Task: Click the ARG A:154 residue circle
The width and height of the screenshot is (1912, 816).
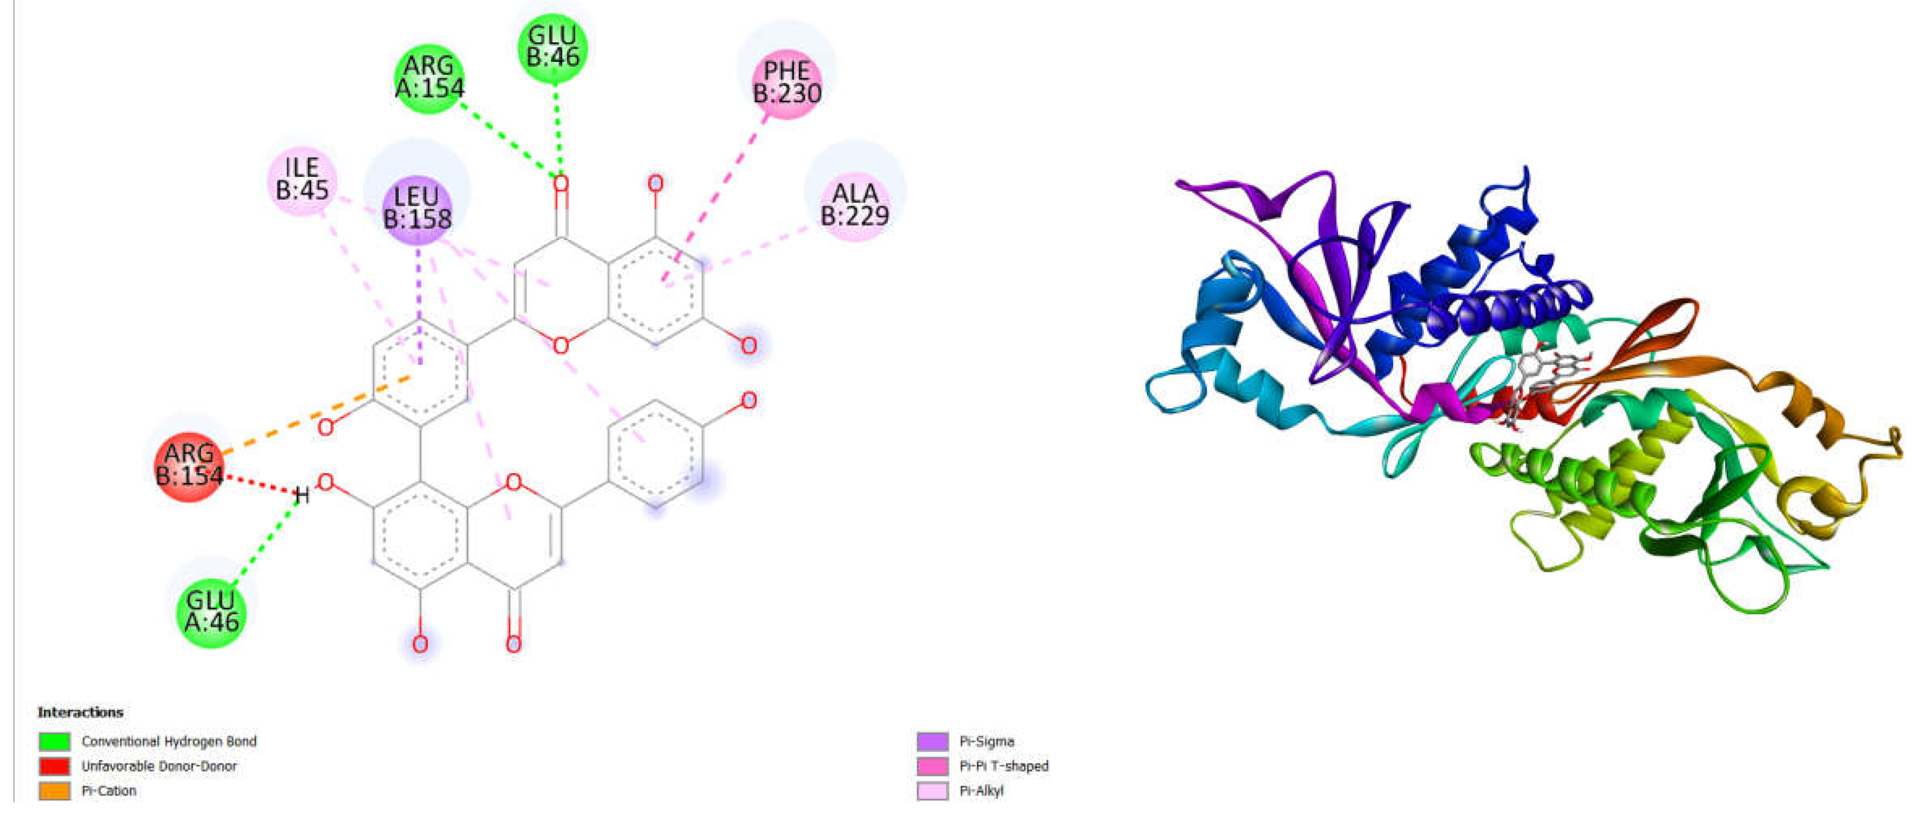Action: (429, 77)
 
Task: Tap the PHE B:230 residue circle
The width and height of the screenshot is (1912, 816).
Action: (787, 82)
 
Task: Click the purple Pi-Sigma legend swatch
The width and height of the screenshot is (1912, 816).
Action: (932, 741)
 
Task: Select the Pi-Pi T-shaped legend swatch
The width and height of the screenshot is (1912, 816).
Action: (932, 765)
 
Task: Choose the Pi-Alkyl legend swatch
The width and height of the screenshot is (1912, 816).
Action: (932, 791)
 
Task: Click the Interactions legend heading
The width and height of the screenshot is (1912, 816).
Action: (80, 712)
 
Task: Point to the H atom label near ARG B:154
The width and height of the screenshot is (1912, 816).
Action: (301, 495)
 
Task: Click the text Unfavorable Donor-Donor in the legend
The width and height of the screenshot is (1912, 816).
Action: (159, 765)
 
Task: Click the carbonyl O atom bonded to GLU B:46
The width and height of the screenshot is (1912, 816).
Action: (561, 183)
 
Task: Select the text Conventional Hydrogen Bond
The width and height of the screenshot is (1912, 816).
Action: (168, 741)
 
